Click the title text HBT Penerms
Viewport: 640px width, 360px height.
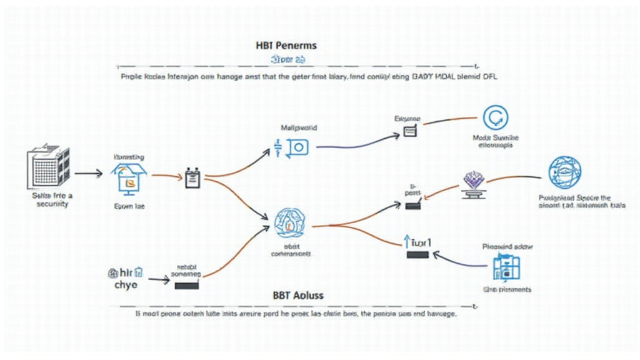(x=286, y=46)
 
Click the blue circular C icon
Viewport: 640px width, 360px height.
(x=495, y=118)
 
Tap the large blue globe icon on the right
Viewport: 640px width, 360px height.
(x=564, y=173)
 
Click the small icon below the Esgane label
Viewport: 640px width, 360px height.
(x=410, y=131)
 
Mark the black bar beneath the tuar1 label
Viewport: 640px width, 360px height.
(x=417, y=254)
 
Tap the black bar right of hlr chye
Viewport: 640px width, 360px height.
(x=186, y=286)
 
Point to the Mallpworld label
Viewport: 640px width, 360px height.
(x=297, y=127)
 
